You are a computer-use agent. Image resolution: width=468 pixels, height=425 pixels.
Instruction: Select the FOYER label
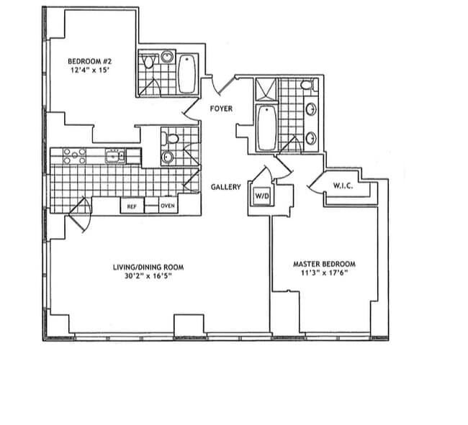tap(220, 109)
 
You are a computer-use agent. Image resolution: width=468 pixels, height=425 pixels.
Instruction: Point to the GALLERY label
tap(225, 187)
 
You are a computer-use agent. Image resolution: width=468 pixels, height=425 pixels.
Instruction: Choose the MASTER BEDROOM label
tap(323, 264)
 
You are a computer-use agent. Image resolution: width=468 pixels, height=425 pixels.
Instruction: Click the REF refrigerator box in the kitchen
tap(132, 206)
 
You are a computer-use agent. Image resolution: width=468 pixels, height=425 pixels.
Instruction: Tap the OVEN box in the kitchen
tap(167, 206)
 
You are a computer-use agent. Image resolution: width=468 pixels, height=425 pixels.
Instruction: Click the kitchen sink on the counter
tap(114, 155)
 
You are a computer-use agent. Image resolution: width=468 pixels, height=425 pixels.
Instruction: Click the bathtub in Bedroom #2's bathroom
tap(186, 74)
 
